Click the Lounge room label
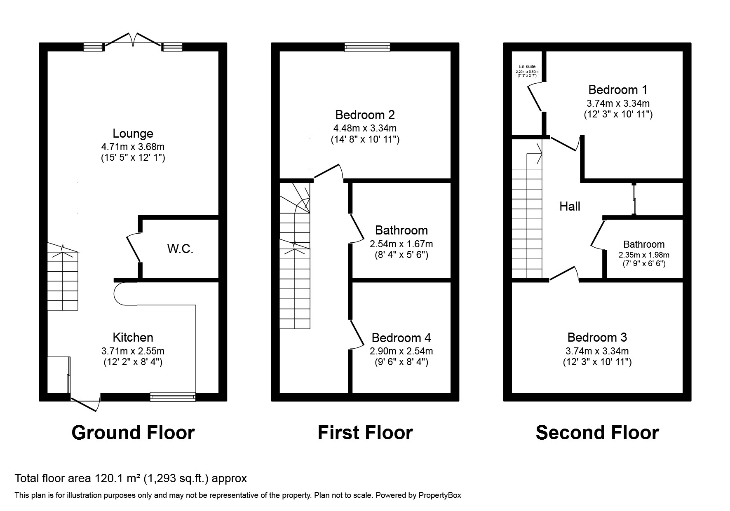133,134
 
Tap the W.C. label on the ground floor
180,248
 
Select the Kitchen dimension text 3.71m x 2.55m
133,351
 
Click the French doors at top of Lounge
133,40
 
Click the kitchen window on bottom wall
173,397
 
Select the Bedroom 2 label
365,115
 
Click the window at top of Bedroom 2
367,47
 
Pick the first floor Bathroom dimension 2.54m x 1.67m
401,244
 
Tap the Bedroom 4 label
401,338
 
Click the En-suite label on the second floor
527,66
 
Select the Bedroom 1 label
617,89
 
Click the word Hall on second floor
570,206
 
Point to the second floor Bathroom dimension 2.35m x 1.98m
643,255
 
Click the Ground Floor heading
133,433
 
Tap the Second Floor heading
597,433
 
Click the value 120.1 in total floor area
108,478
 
